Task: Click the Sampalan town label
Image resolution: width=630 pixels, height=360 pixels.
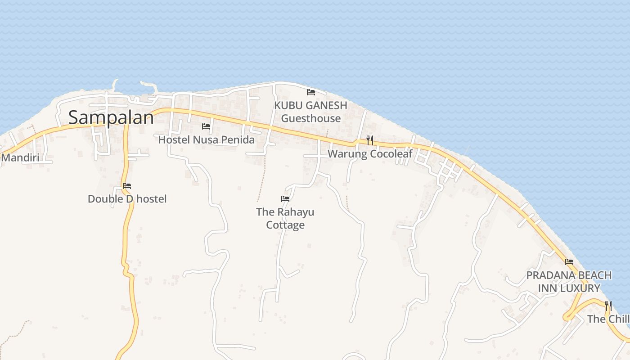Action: point(111,118)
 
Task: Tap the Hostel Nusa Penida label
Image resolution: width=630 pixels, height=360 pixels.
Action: point(206,140)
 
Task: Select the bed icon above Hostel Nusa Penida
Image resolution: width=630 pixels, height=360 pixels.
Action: point(206,126)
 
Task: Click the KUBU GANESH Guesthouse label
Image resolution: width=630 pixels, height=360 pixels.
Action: point(311,112)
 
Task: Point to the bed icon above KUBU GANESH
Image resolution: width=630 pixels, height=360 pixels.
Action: point(310,92)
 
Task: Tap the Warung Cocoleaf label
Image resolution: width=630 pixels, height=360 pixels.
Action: point(370,154)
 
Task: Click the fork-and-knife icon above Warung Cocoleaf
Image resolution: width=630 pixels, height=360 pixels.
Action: point(370,140)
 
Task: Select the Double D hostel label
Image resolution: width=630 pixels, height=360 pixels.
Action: point(127,199)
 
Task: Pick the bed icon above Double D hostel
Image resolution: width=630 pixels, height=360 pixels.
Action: point(127,185)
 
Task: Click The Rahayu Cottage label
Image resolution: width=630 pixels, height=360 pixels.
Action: point(285,218)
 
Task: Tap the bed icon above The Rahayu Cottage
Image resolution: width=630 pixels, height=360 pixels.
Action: point(285,198)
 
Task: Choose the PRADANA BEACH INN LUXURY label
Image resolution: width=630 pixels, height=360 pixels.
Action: point(569,282)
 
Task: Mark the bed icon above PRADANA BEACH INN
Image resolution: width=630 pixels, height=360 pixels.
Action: point(569,261)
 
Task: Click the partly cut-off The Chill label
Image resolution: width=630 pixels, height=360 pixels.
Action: point(608,319)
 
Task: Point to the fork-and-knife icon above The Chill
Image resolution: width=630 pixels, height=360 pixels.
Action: point(608,306)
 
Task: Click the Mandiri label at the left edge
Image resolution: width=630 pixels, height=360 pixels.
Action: point(20,158)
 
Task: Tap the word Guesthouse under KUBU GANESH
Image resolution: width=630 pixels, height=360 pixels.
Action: point(311,119)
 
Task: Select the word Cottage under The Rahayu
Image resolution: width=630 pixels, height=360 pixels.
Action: point(285,225)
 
